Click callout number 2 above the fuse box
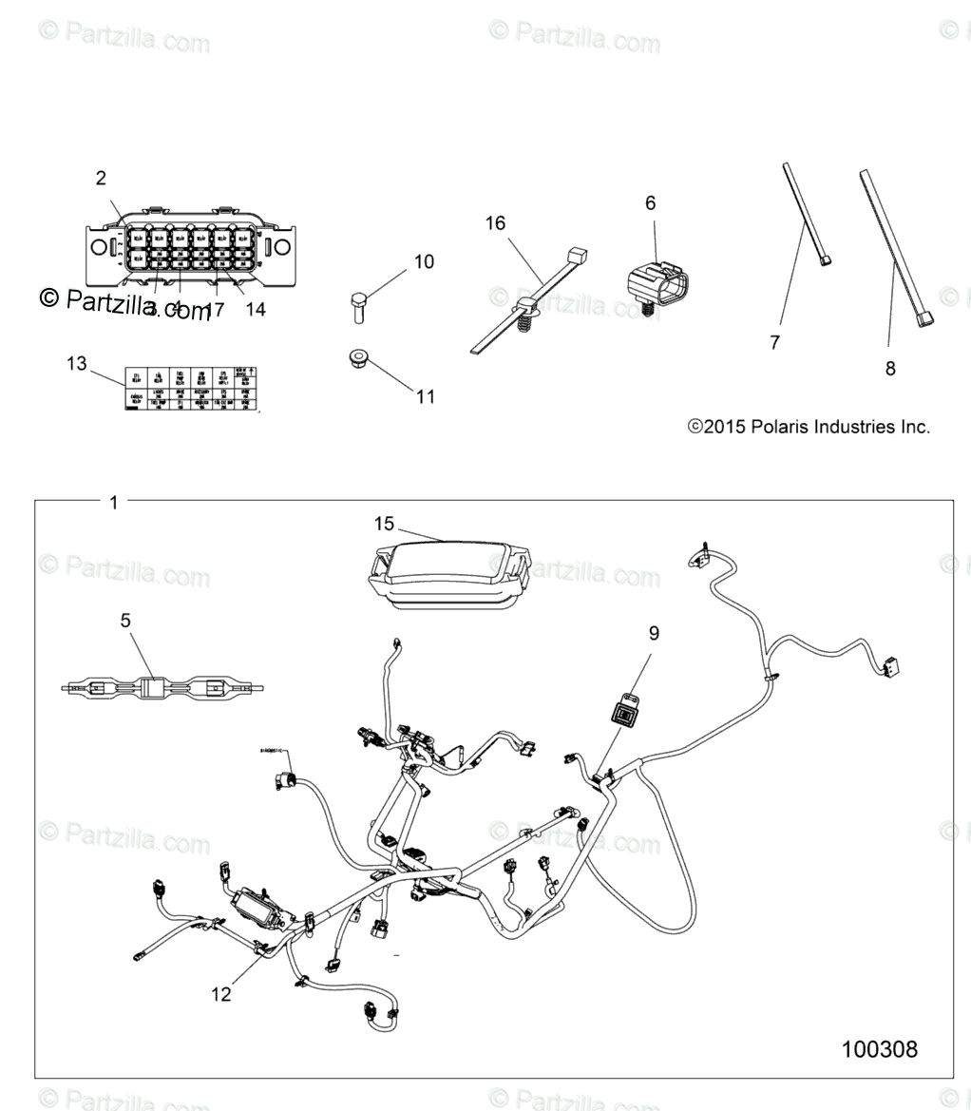tap(101, 178)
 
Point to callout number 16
tap(495, 223)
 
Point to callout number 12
tap(221, 994)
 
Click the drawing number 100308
tap(879, 1049)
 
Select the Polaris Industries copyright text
tap(808, 428)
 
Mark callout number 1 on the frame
tap(114, 503)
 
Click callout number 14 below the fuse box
tap(255, 309)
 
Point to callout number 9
tap(654, 633)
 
